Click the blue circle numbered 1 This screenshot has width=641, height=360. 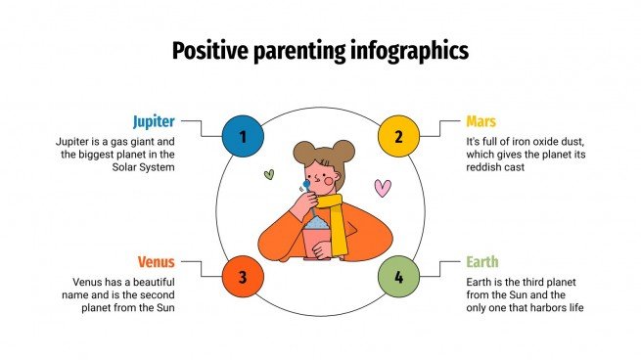[242, 136]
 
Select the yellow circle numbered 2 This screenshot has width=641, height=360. [398, 136]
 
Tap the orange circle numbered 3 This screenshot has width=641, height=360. [242, 278]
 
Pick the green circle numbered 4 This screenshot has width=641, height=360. [398, 278]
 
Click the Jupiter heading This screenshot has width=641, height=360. [154, 122]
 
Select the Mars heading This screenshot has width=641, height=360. [481, 122]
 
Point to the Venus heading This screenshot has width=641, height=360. [156, 262]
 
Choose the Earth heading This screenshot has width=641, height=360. [482, 262]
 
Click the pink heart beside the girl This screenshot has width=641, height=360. [383, 186]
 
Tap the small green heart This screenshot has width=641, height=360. [268, 176]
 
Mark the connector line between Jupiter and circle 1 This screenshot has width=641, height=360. [201, 127]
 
